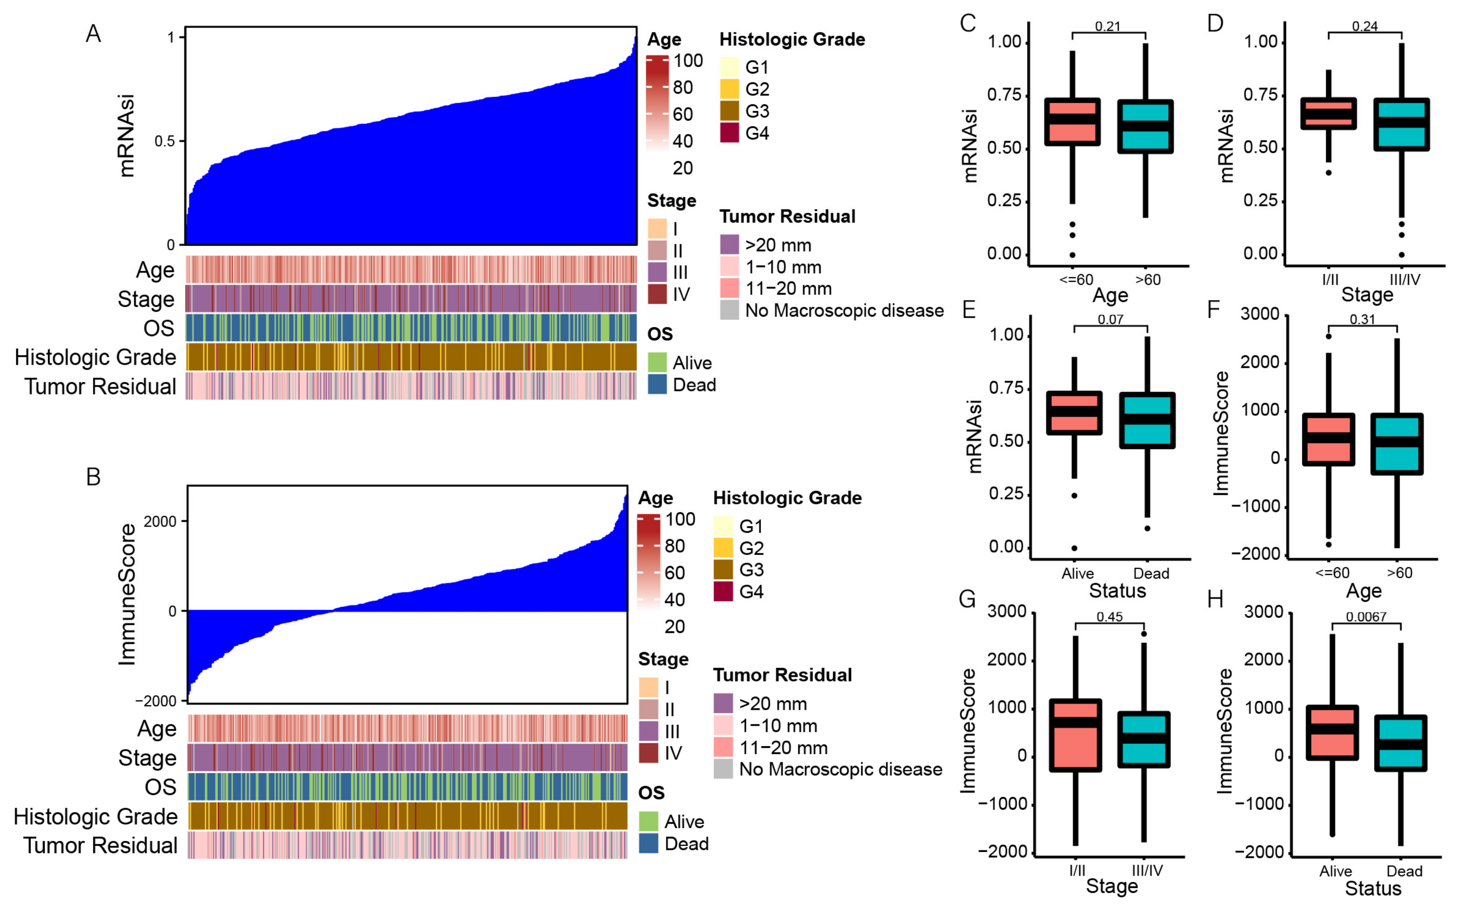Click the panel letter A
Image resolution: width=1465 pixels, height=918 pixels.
tap(93, 34)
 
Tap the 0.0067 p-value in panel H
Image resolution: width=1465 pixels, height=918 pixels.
tap(1366, 617)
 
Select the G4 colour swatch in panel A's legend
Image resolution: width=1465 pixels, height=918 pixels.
tap(729, 132)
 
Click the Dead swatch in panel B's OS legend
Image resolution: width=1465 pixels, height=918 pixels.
tap(648, 843)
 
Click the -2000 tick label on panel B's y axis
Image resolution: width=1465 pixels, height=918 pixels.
tap(156, 701)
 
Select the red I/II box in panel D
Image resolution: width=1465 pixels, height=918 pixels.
tap(1329, 114)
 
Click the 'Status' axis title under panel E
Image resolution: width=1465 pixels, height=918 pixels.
tap(1117, 591)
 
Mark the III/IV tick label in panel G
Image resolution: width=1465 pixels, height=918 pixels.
tap(1147, 870)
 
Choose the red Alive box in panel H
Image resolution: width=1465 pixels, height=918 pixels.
tap(1332, 733)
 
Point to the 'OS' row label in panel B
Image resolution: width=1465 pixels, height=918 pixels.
tap(160, 787)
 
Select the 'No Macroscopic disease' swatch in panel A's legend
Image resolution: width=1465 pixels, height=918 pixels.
tap(729, 310)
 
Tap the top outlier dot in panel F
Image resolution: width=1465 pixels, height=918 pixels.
tap(1329, 336)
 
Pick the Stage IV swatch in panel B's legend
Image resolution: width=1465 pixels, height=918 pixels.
tap(648, 753)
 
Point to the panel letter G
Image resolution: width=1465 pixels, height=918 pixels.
tap(966, 600)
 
